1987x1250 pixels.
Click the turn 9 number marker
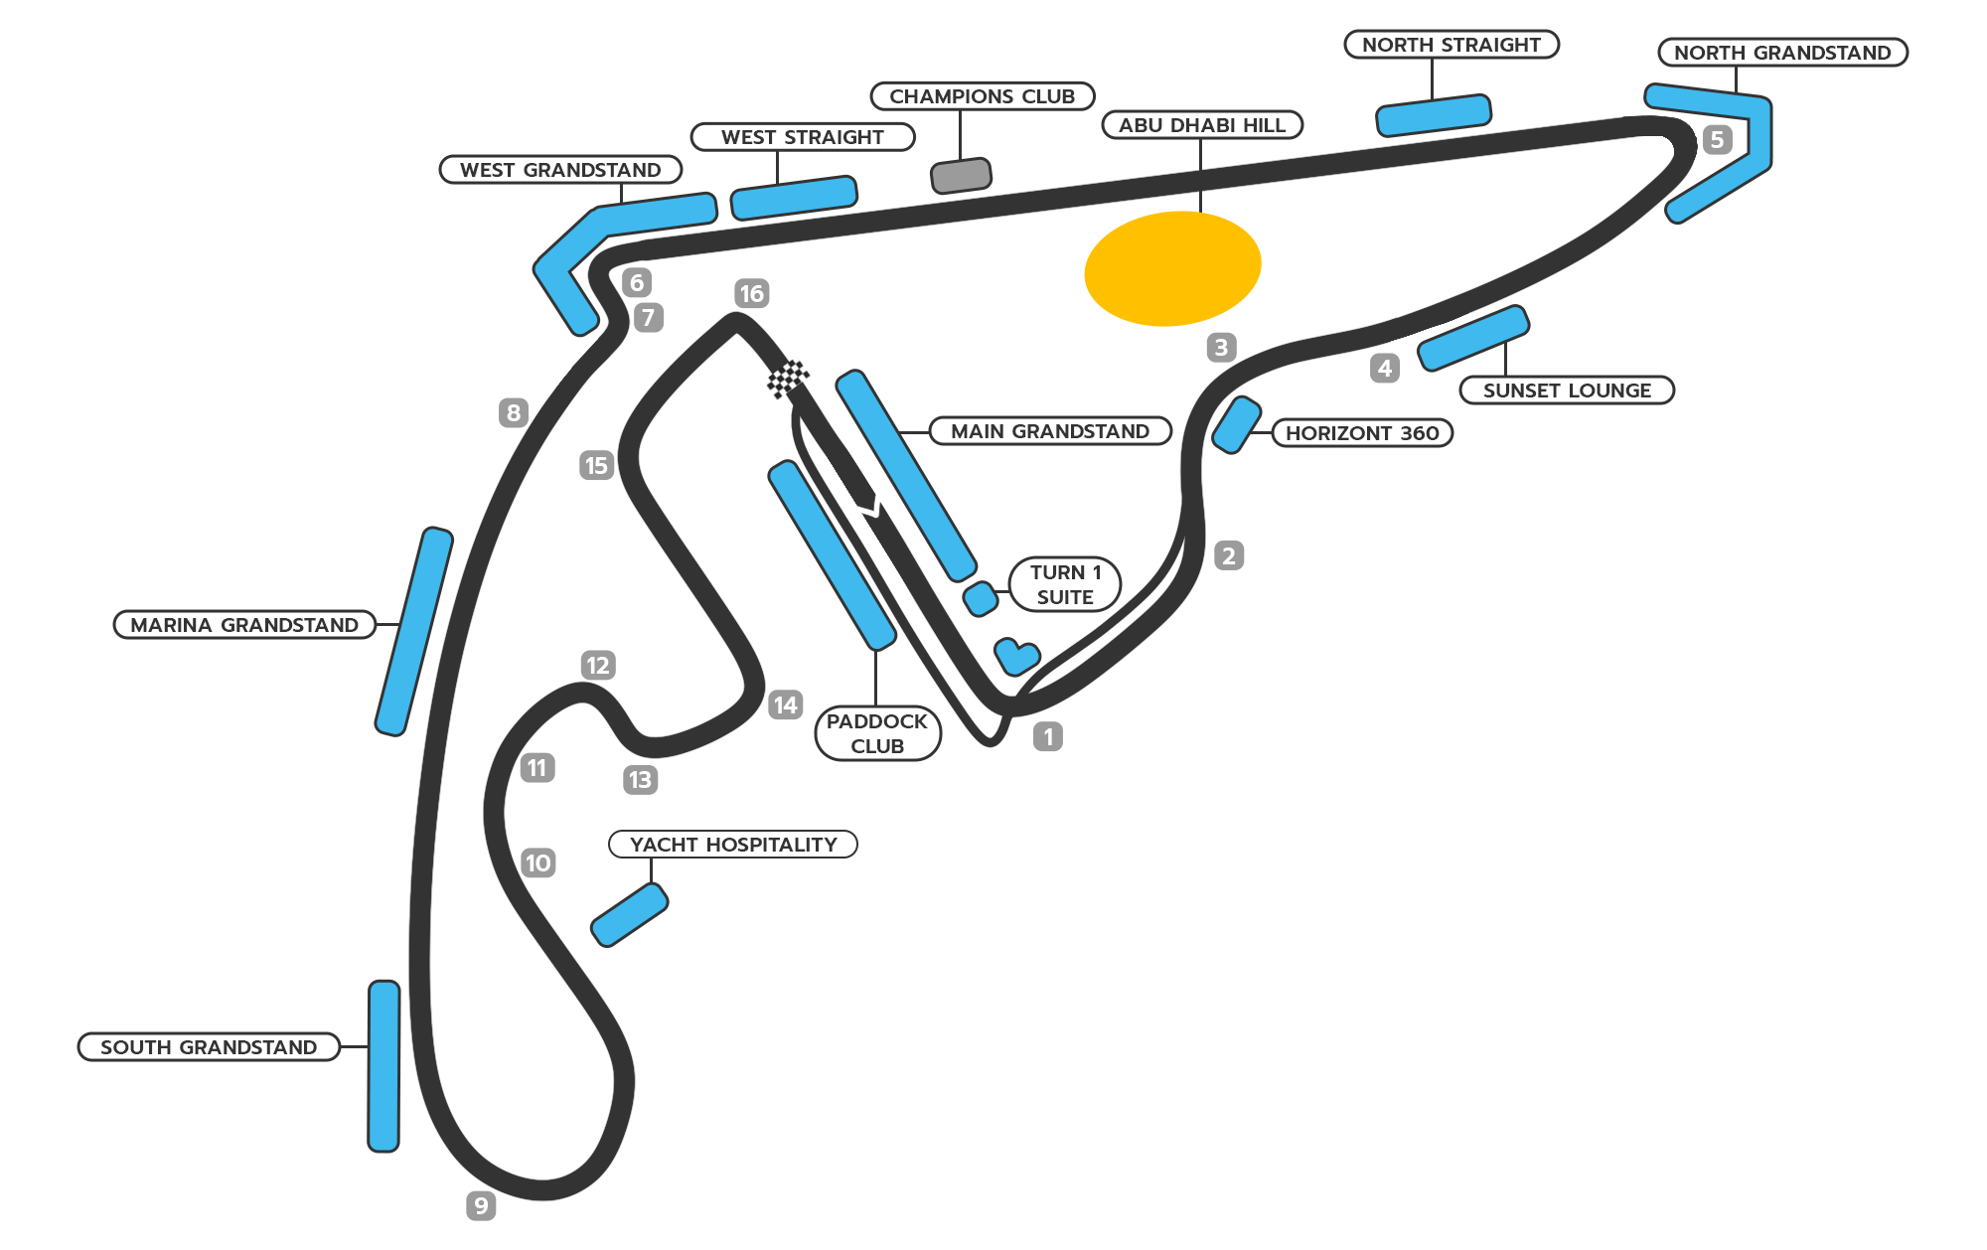[x=481, y=1205]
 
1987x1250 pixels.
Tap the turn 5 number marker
[x=1717, y=139]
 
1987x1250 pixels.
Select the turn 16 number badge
[x=752, y=293]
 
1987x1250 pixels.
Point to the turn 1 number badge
[x=1048, y=736]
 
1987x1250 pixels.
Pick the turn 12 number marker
[x=598, y=665]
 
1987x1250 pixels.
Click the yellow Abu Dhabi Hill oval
[x=1172, y=268]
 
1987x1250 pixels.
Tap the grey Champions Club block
[x=961, y=175]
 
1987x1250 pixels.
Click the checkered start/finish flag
[x=788, y=379]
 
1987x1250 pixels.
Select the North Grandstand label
[x=1782, y=53]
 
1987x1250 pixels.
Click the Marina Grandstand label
[x=244, y=625]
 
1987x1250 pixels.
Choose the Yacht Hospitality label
[x=733, y=845]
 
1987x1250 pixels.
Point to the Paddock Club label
[x=877, y=733]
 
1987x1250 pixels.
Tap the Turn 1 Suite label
[x=1065, y=584]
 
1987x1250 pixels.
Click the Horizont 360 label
[x=1362, y=433]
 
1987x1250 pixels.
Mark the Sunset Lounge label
[x=1567, y=391]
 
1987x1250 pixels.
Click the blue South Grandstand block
[x=383, y=1066]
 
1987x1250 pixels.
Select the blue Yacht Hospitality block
[x=629, y=915]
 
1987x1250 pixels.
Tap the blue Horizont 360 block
[x=1237, y=425]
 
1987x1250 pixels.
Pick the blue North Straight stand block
[x=1434, y=115]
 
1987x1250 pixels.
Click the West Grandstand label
[x=560, y=170]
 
